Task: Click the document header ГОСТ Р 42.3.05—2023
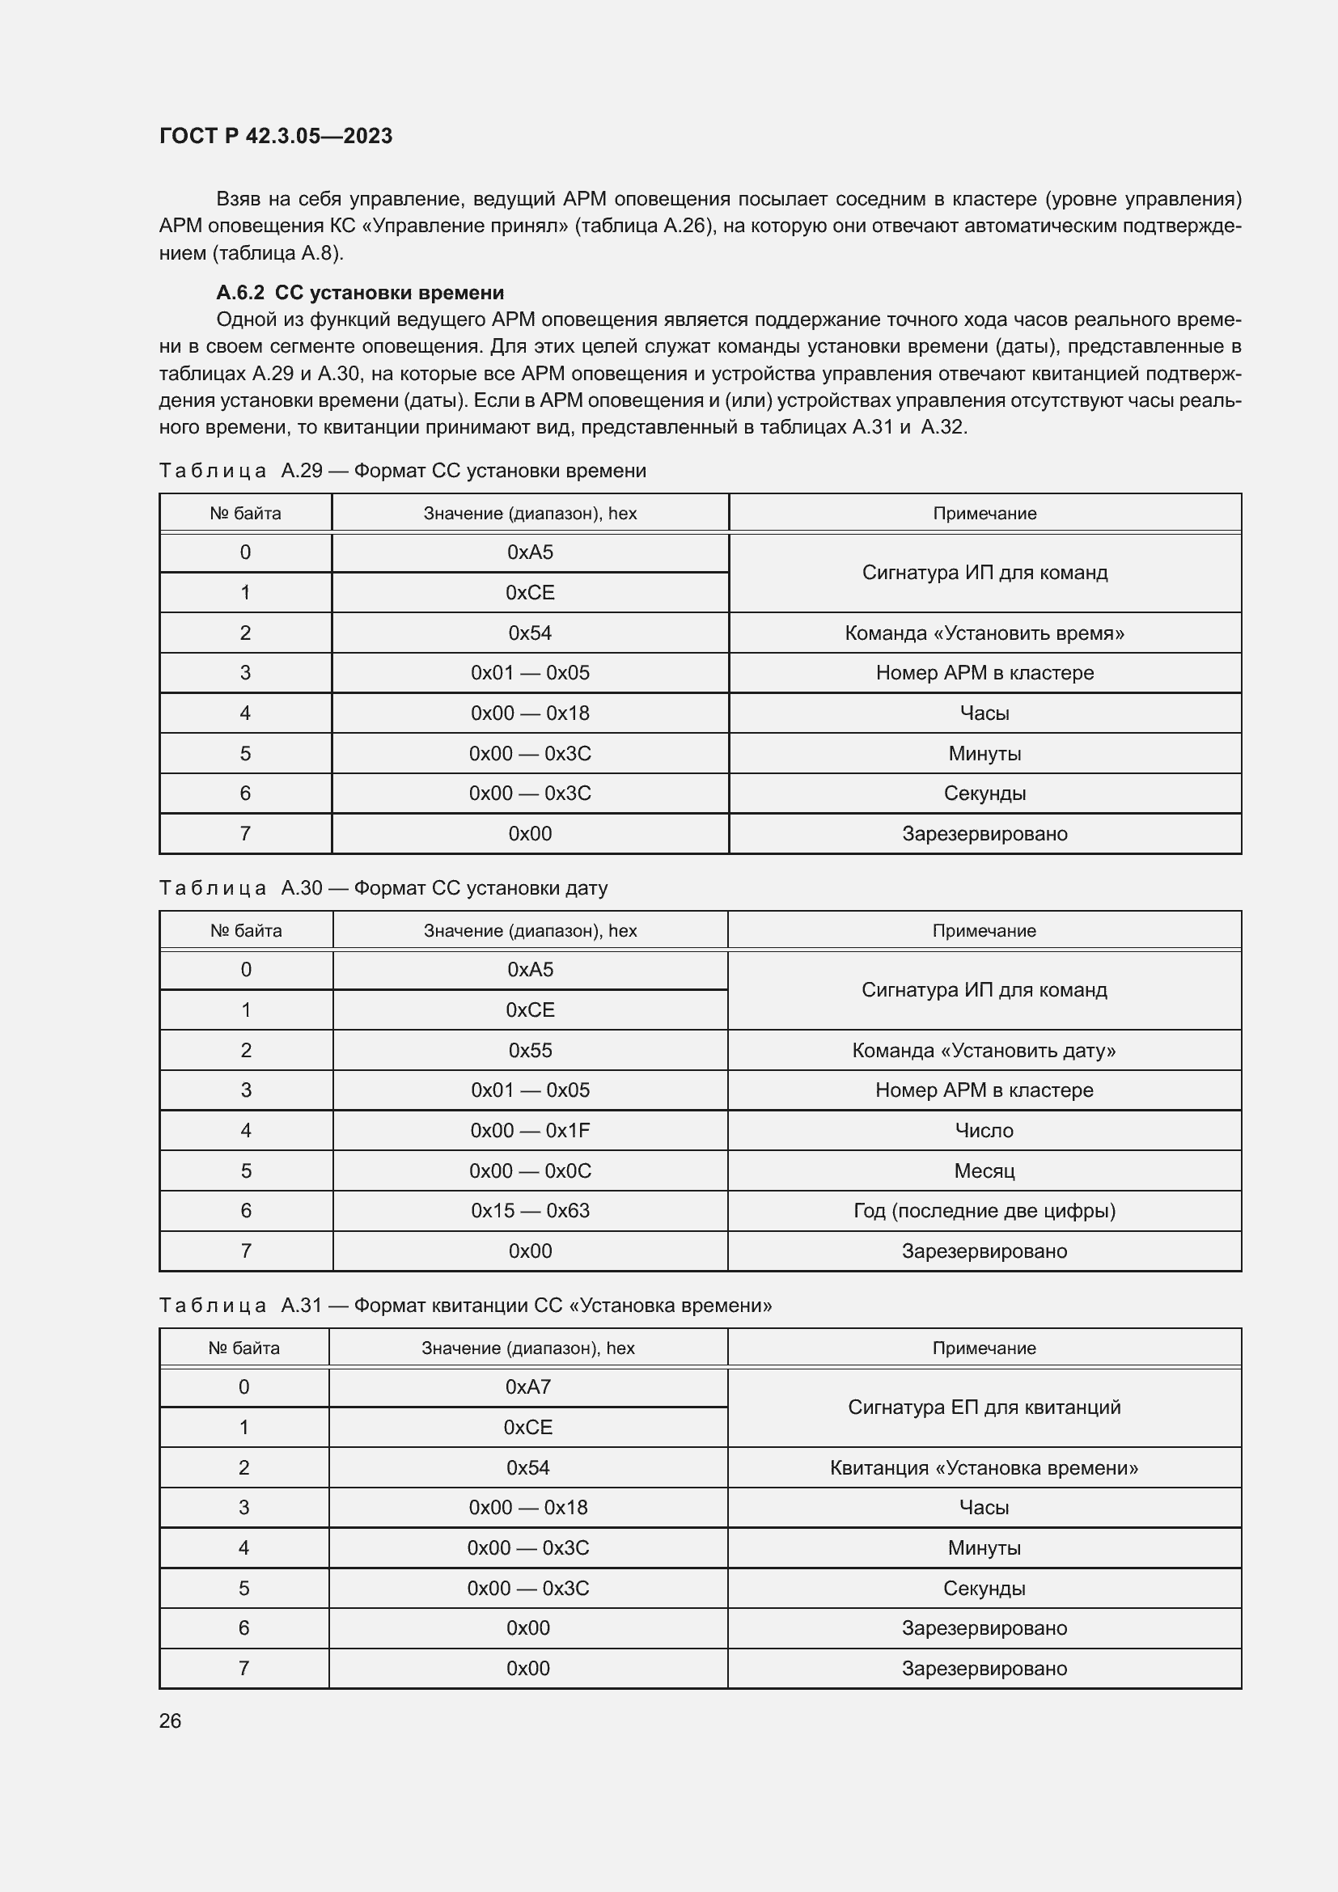275,136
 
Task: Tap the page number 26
170,1721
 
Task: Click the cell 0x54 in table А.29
530,633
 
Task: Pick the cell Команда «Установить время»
984,633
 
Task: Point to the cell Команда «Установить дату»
984,1050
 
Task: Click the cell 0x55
530,1050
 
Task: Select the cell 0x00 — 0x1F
530,1130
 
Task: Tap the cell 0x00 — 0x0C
530,1170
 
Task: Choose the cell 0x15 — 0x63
530,1211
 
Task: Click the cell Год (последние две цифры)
984,1211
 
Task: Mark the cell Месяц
984,1170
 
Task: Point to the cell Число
984,1130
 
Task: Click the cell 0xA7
528,1387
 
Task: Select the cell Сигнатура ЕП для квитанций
984,1407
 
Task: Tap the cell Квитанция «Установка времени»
984,1467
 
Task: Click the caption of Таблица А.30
383,887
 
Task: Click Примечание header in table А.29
984,514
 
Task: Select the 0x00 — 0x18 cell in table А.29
530,713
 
